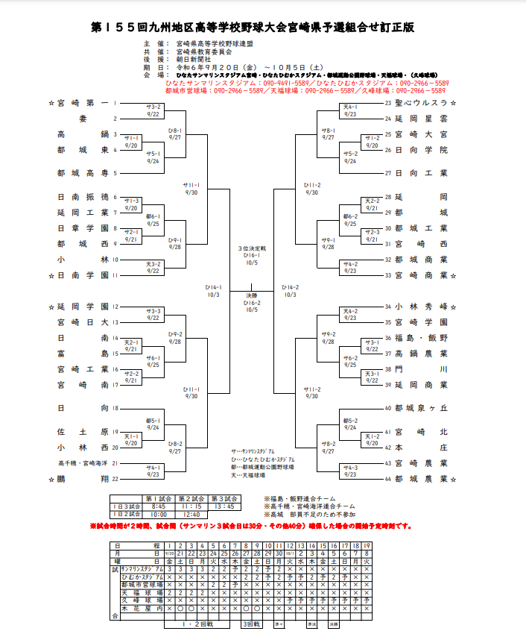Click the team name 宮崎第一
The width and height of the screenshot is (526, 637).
[83, 103]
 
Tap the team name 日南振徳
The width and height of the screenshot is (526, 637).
[83, 197]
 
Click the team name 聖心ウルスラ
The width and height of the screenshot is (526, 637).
[420, 103]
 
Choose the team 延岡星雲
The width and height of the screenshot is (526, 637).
[420, 119]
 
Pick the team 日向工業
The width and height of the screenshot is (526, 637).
[420, 173]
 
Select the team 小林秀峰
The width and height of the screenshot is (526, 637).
[420, 307]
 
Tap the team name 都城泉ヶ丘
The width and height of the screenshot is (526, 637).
[420, 408]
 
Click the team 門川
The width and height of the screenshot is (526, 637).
[420, 369]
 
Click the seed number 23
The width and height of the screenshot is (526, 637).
[387, 103]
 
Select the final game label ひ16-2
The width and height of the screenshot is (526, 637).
[252, 304]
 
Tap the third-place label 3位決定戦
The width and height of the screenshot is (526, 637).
[252, 248]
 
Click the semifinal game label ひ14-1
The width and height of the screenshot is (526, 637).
[214, 287]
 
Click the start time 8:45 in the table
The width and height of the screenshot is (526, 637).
[157, 506]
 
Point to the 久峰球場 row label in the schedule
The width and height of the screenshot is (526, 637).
[142, 600]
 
